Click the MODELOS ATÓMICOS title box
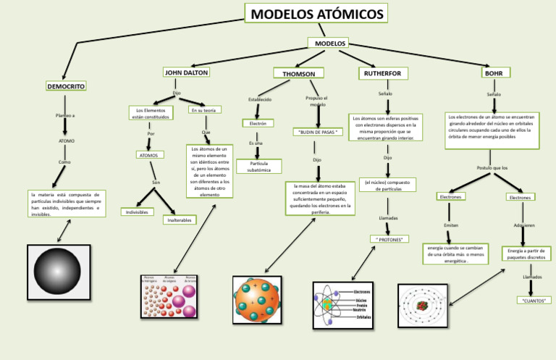[x=316, y=14]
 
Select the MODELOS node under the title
[x=329, y=43]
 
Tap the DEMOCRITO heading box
[x=66, y=86]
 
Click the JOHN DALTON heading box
[x=186, y=72]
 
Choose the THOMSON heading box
[x=298, y=73]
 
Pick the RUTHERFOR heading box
[x=384, y=73]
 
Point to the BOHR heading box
[x=494, y=73]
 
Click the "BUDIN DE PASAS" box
[x=317, y=132]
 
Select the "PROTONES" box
[x=389, y=238]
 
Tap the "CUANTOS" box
[x=534, y=299]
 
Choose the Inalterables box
[x=179, y=219]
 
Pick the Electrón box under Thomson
[x=258, y=123]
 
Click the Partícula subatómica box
[x=258, y=167]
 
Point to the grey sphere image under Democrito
[x=58, y=272]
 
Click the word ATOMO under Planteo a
[x=66, y=141]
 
